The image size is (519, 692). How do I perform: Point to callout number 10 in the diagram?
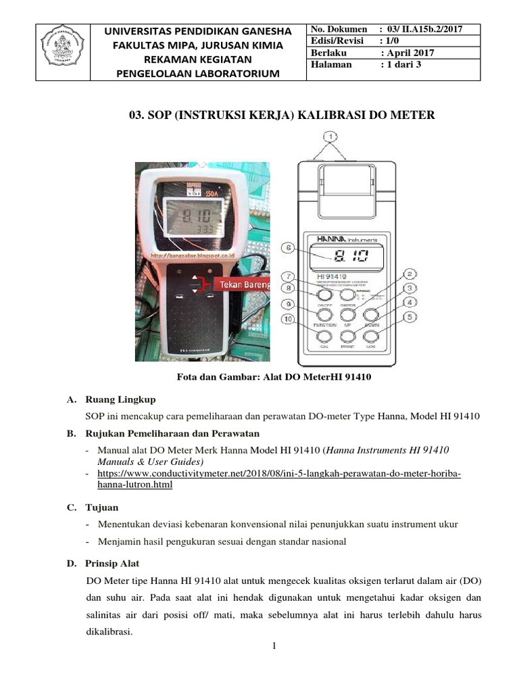pyautogui.click(x=289, y=319)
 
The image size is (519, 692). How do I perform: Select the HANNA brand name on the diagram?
pyautogui.click(x=332, y=239)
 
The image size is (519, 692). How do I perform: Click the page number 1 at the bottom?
pyautogui.click(x=274, y=647)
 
